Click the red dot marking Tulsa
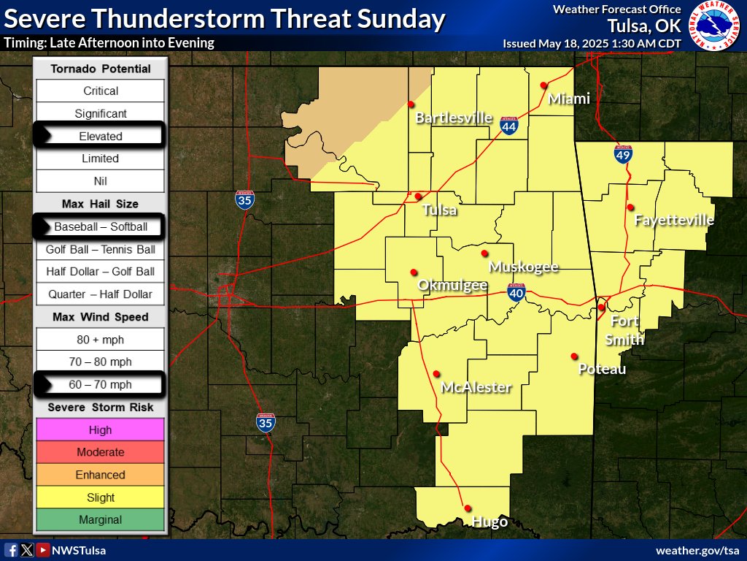tap(418, 196)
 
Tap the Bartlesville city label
tap(454, 118)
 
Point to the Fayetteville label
tap(674, 220)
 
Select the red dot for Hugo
tap(467, 508)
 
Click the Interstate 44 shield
tap(509, 127)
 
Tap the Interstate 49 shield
tap(622, 153)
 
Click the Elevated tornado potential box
tap(101, 136)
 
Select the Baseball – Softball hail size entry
tap(101, 226)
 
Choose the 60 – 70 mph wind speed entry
tap(101, 384)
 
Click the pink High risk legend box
tap(101, 430)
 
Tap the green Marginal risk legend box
tap(101, 520)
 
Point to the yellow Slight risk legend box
tap(101, 497)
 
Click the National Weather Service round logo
tap(715, 26)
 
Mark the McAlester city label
tap(476, 387)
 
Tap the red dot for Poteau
tap(574, 356)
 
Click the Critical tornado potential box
tap(101, 91)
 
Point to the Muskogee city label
tap(524, 267)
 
